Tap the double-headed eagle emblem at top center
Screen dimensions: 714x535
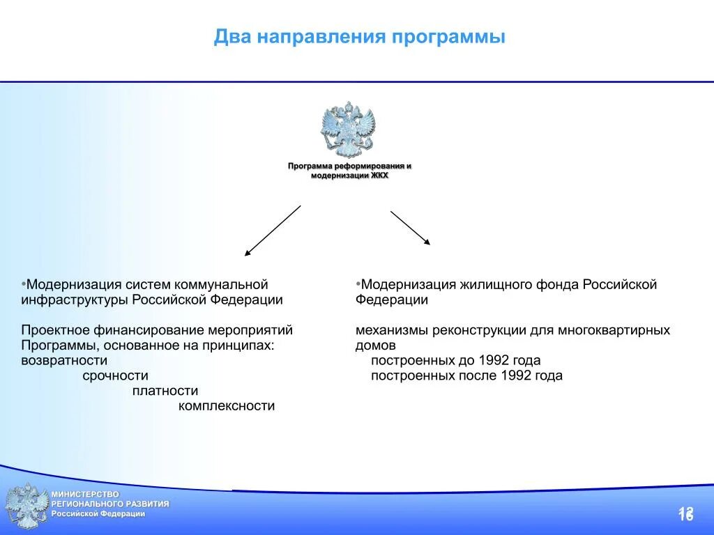click(348, 130)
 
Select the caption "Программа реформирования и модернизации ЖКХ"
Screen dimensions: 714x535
click(349, 171)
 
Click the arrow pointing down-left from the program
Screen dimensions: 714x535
click(273, 231)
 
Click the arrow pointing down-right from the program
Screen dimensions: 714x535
click(410, 228)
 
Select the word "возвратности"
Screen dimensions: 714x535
click(64, 360)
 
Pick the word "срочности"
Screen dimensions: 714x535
click(115, 375)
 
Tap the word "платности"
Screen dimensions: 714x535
click(165, 391)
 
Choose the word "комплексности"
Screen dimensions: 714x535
click(227, 406)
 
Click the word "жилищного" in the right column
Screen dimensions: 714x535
click(494, 284)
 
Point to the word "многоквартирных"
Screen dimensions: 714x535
click(614, 329)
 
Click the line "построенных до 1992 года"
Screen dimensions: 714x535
click(455, 360)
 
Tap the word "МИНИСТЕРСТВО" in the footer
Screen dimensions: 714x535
click(84, 494)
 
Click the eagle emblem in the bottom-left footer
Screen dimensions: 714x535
click(26, 505)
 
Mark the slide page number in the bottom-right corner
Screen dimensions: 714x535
click(685, 514)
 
